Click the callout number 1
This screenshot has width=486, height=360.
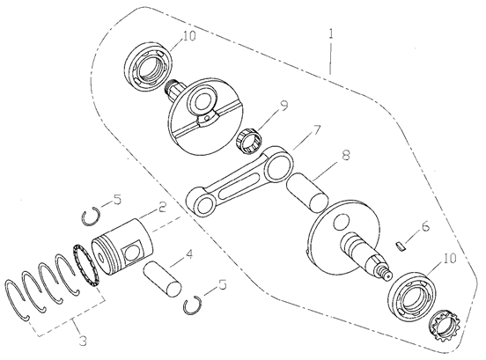(x=331, y=34)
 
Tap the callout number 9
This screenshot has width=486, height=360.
(x=283, y=105)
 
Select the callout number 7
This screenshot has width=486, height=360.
(x=316, y=130)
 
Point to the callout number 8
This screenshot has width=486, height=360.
(x=346, y=155)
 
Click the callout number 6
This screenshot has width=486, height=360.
(x=425, y=226)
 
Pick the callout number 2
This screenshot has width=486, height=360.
(x=162, y=207)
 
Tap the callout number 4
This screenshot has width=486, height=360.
(x=188, y=254)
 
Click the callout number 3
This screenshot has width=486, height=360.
(x=83, y=342)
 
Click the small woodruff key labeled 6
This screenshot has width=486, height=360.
(x=401, y=247)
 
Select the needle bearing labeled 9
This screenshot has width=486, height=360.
(x=251, y=140)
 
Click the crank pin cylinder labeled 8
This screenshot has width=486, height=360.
(x=307, y=193)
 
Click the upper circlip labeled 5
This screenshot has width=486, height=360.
(x=92, y=217)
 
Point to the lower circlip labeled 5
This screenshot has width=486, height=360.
(x=192, y=305)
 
